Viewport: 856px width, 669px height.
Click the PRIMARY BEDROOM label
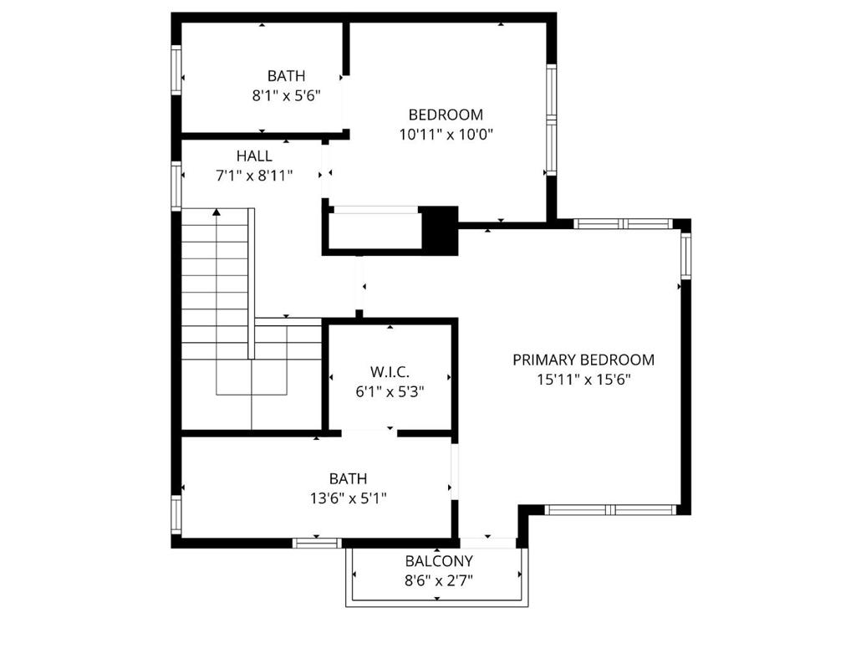(583, 360)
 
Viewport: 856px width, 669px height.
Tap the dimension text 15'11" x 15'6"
(583, 379)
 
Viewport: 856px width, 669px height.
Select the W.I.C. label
(390, 371)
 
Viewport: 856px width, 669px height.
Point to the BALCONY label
(439, 561)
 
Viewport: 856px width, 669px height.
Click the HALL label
(253, 156)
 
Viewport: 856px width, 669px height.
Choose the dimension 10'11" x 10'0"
(446, 134)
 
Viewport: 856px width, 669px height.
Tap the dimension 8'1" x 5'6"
(286, 95)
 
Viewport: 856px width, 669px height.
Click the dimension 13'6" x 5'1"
(347, 498)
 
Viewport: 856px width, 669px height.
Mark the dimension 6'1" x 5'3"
(390, 391)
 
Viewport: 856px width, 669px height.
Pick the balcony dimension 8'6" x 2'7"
(439, 580)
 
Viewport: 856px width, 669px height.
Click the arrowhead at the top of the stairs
(217, 213)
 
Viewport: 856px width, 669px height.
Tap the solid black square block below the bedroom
(440, 230)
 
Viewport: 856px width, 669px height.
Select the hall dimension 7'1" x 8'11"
(253, 176)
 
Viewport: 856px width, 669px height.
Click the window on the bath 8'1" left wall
(176, 70)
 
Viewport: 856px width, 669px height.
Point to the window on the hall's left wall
(176, 185)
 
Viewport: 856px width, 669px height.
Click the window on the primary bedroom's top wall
(623, 224)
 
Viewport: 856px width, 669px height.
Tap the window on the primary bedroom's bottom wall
(610, 509)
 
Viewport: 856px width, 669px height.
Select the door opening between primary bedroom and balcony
(488, 543)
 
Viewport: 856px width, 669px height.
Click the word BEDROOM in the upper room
(446, 115)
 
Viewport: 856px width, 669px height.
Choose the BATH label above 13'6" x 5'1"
(347, 479)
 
